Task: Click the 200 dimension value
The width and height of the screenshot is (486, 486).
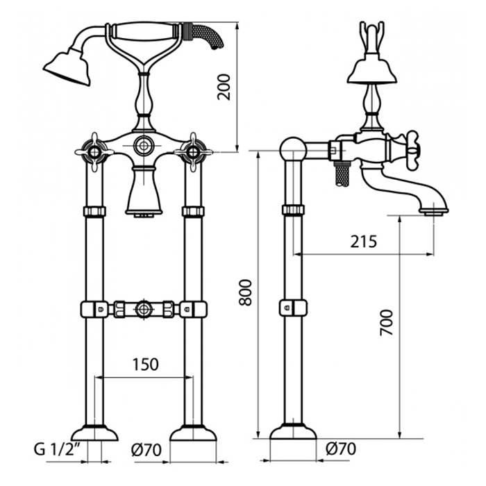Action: click(224, 87)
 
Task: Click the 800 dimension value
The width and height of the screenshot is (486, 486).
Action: click(246, 292)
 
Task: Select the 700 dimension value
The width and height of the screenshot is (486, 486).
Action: click(387, 322)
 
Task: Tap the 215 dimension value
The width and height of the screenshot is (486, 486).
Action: click(364, 242)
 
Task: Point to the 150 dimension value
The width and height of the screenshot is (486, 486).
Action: click(145, 364)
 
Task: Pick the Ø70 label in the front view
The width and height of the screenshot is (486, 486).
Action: click(146, 450)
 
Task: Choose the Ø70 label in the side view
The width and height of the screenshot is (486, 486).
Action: click(341, 449)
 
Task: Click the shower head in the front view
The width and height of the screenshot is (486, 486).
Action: click(67, 66)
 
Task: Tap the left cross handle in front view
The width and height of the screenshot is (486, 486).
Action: click(94, 152)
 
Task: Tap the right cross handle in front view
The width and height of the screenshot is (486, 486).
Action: click(194, 152)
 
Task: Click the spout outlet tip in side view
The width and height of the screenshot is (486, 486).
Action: click(433, 212)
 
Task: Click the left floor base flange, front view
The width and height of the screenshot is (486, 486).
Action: click(94, 433)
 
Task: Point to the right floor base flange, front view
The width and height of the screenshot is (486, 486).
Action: click(193, 433)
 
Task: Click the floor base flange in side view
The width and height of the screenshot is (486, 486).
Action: click(293, 431)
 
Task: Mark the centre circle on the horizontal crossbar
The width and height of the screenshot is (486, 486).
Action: click(144, 309)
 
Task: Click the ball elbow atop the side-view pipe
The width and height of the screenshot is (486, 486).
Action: click(293, 150)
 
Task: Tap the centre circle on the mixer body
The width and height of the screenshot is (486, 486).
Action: click(144, 145)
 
